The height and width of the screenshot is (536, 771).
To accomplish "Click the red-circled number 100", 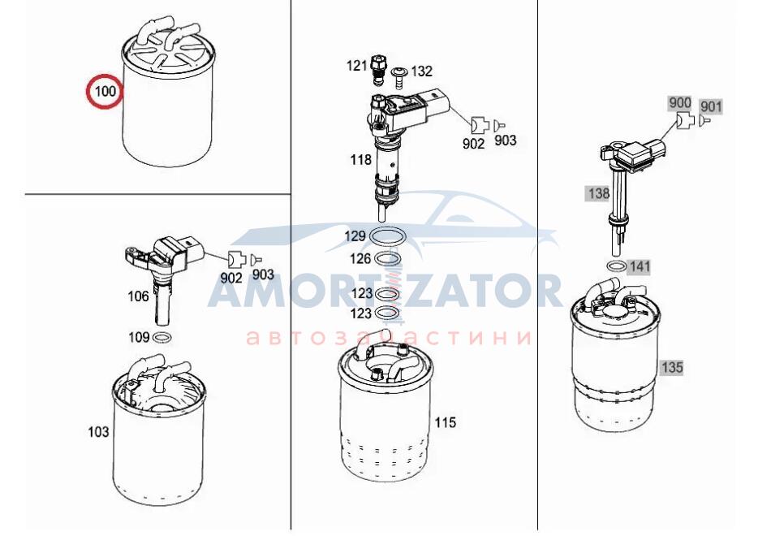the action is pos(105,91).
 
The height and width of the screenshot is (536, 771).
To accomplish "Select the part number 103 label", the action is pos(98,432).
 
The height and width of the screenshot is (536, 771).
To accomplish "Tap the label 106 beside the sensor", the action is pos(138,296).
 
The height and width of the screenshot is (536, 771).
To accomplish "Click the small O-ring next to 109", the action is pos(162,338).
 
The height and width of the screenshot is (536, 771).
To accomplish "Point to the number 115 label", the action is pos(445,422).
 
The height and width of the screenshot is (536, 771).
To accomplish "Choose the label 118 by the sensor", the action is pos(361,159).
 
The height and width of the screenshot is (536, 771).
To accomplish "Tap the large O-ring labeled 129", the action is pos(387,236).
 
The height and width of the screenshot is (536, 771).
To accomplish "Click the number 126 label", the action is pos(361,258).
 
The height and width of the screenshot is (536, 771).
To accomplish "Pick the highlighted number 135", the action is pos(672,367).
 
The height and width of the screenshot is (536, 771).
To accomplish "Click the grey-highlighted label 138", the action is pos(599,193).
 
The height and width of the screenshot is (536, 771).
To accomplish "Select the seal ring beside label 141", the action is pos(617,266).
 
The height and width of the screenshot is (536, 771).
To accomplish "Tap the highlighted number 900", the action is pos(680,103).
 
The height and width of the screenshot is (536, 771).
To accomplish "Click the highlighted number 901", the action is pos(711,106).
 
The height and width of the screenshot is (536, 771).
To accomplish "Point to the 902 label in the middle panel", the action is pos(473,143).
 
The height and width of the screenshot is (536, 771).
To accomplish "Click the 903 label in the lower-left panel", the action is pos(263,274).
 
